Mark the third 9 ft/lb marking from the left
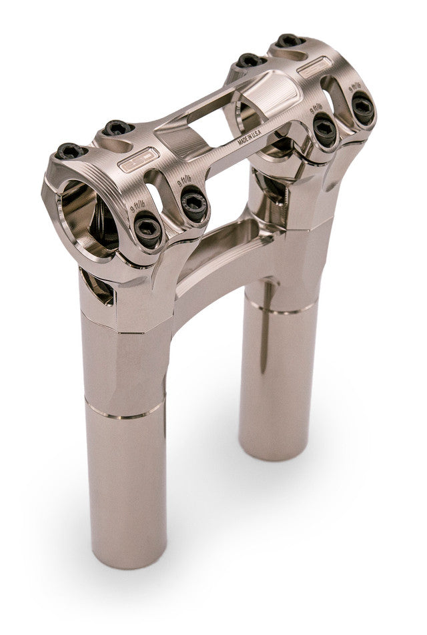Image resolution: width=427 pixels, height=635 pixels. [x=317, y=109]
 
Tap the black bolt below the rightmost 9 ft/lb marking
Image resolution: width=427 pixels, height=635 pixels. [x=362, y=107]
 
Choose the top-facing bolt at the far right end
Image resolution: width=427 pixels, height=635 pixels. [x=290, y=41]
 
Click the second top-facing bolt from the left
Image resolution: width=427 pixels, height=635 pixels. [x=116, y=127]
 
